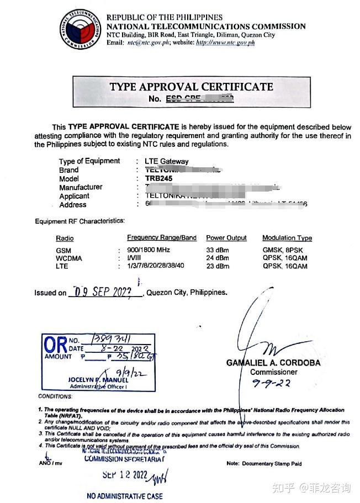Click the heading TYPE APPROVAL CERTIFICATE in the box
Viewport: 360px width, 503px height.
[191, 87]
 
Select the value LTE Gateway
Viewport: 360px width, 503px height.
[166, 161]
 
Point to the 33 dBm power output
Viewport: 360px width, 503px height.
[218, 250]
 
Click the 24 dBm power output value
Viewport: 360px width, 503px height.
[218, 258]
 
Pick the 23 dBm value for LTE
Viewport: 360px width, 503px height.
[218, 266]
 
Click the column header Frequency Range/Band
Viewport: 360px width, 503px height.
[162, 238]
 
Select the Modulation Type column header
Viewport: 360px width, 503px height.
[287, 238]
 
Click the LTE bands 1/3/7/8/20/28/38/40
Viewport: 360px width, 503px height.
[156, 266]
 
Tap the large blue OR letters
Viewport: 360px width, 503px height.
[55, 346]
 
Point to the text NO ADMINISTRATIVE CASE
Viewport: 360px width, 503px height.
[125, 496]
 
